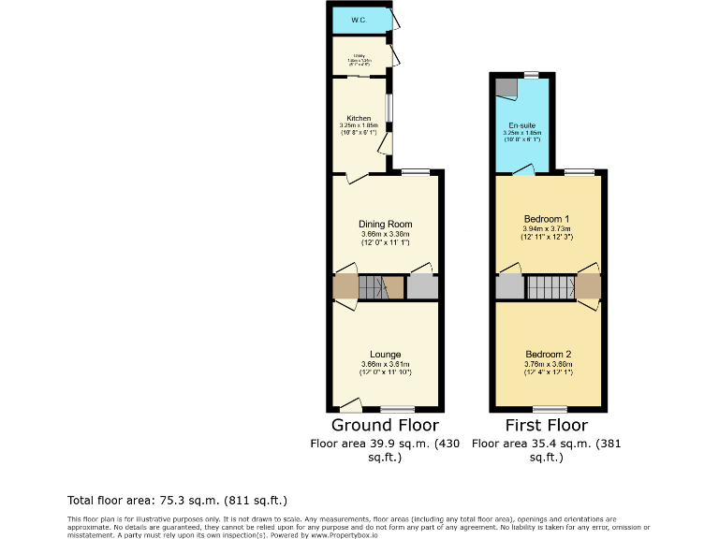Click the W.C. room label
(x=359, y=20)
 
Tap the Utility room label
(x=359, y=54)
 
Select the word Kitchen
(x=359, y=119)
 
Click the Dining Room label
(x=386, y=225)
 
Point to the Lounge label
(x=386, y=355)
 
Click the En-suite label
(x=521, y=125)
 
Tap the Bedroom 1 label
(x=547, y=218)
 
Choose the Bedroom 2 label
(x=547, y=355)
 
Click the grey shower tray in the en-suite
(x=506, y=88)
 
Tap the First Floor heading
(x=547, y=426)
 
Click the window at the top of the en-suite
(x=531, y=74)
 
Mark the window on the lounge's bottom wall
(x=398, y=409)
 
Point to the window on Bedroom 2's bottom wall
(x=550, y=409)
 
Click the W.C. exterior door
(x=397, y=20)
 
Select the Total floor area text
(x=177, y=501)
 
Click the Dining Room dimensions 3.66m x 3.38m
(x=386, y=236)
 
